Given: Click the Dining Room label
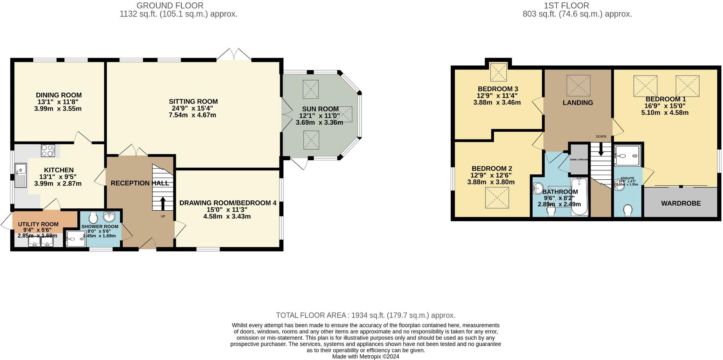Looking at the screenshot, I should click(59, 95).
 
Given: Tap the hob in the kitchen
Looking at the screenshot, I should click(48, 150).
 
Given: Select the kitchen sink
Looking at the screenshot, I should click(20, 176).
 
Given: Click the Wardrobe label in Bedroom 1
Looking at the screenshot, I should click(680, 203).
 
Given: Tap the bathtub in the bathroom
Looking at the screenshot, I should click(579, 197).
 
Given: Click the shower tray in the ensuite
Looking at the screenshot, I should click(627, 156).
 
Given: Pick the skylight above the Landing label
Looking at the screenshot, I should click(578, 86).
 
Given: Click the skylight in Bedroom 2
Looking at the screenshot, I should click(497, 197).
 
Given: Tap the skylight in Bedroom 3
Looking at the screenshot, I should click(498, 72).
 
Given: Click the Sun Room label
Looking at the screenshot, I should click(320, 109).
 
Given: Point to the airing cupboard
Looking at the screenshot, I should click(579, 159).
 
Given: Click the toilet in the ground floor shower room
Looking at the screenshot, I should click(93, 217).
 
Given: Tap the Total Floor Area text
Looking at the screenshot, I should click(365, 315).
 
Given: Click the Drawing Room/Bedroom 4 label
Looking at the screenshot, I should click(227, 203).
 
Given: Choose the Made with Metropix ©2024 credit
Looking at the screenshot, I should click(365, 356).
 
